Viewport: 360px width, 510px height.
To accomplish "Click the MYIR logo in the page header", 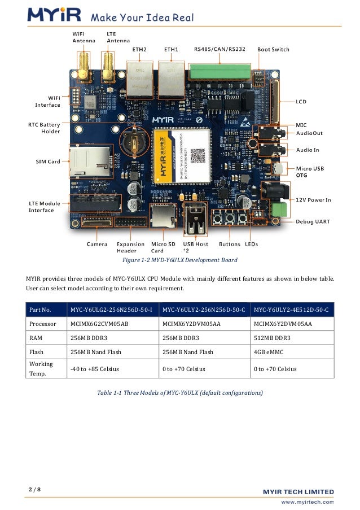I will pyautogui.click(x=55, y=15).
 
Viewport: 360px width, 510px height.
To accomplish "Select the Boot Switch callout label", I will pyautogui.click(x=273, y=49).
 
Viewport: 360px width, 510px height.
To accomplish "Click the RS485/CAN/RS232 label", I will pyautogui.click(x=219, y=49).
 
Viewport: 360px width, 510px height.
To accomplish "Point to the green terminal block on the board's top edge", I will pyautogui.click(x=218, y=72).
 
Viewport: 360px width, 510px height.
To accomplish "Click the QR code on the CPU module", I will pyautogui.click(x=197, y=155).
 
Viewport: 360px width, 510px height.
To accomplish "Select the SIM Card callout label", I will pyautogui.click(x=47, y=162).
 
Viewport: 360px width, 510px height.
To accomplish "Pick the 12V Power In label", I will pyautogui.click(x=314, y=200).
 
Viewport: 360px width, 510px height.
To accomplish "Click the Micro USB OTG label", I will pyautogui.click(x=311, y=171).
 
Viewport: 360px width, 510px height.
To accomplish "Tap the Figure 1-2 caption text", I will pyautogui.click(x=180, y=260).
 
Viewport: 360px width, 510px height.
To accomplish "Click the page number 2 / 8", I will pyautogui.click(x=34, y=489).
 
